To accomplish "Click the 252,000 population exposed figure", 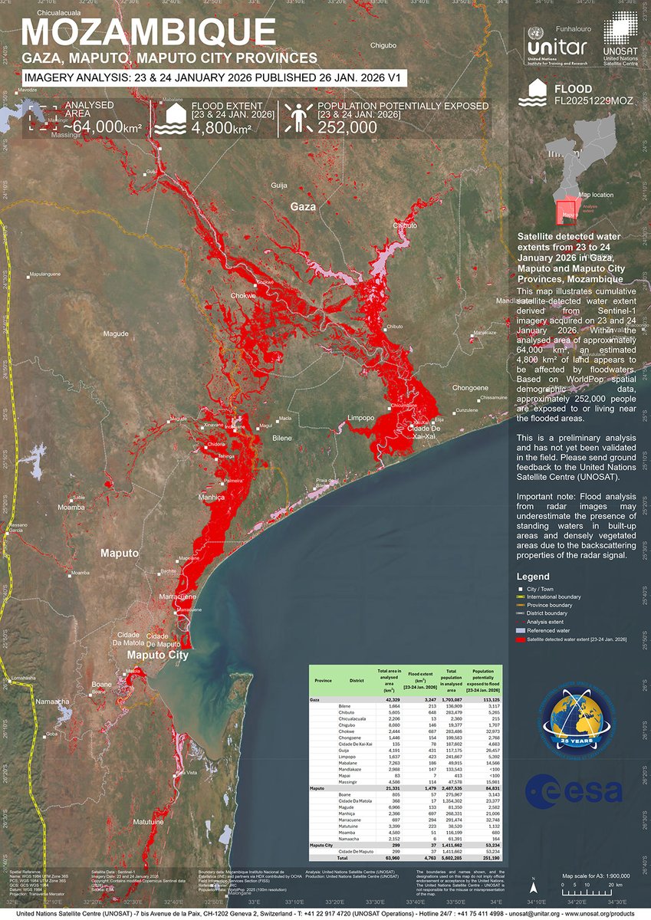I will (x=347, y=128).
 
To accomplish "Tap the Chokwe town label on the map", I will (x=243, y=295).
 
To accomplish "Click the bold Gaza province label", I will (x=302, y=207).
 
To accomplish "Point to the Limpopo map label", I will (x=361, y=418).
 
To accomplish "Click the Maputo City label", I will (x=157, y=655).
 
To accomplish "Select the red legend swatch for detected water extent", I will (x=521, y=639).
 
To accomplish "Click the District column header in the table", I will (x=357, y=680).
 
